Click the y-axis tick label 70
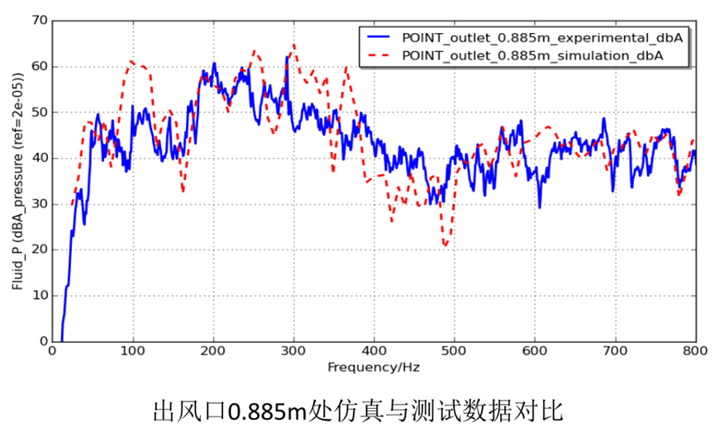coord(37,21)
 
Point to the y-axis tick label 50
coord(37,112)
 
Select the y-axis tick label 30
coord(37,204)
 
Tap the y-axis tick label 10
coord(37,296)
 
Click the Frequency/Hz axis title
coord(373,367)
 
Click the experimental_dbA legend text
coord(544,37)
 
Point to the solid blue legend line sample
coord(377,37)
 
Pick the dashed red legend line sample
coord(377,55)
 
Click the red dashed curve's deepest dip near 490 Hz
coord(446,245)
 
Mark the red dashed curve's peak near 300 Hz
coord(293,45)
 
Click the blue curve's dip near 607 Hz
coord(540,207)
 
